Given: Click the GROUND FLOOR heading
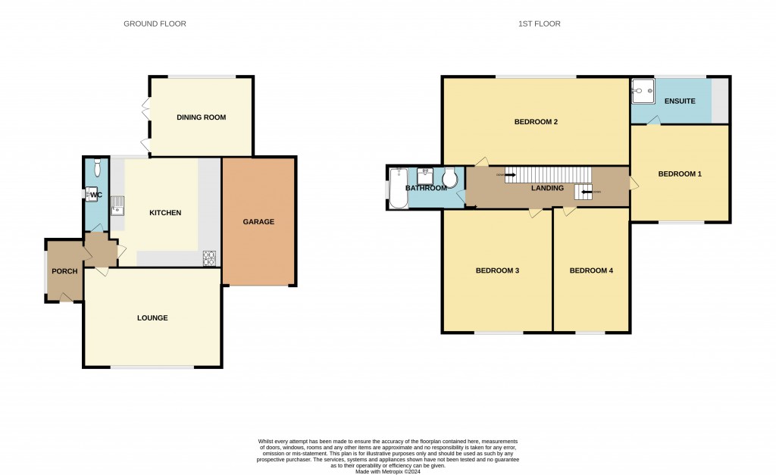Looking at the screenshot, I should tap(155, 24).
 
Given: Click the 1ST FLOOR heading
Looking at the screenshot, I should tap(539, 24).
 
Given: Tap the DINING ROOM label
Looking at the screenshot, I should tap(201, 117).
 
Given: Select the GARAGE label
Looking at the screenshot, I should tap(258, 222).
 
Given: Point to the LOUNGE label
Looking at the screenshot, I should tap(152, 317).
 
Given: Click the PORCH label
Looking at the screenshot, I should tap(64, 271).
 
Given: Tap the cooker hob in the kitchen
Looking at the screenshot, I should tap(209, 258).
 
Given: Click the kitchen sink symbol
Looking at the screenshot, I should tap(117, 205).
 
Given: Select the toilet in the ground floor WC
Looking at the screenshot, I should tap(98, 168).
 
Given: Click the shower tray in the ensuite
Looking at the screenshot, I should tap(643, 91).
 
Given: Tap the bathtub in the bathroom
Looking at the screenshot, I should tap(398, 187).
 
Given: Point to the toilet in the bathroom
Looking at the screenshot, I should tap(449, 178).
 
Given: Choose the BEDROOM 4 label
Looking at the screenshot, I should tap(591, 270).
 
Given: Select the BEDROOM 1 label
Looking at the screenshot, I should tap(679, 174).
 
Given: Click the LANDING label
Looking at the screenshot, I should tap(547, 188).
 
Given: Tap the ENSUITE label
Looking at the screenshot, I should tap(680, 101).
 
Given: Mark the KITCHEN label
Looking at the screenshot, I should tap(165, 213).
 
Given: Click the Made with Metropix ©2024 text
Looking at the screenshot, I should tap(388, 471).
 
